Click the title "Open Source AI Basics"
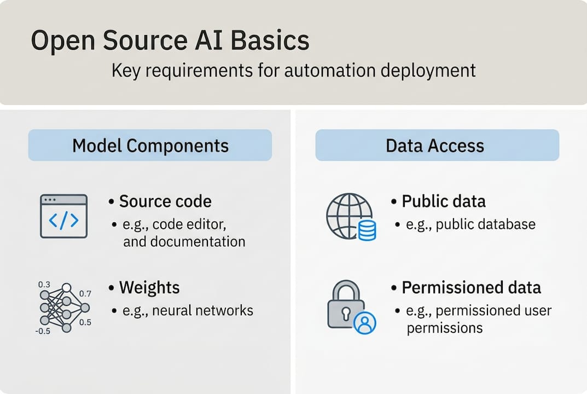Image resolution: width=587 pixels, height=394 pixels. (170, 42)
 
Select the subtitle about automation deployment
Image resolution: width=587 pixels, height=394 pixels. (294, 71)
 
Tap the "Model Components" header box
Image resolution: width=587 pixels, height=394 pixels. (150, 145)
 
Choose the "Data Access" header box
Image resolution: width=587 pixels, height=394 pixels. (437, 145)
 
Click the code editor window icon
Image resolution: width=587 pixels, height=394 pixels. (63, 216)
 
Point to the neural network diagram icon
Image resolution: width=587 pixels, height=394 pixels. (63, 308)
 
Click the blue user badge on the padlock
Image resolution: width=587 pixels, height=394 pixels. (364, 323)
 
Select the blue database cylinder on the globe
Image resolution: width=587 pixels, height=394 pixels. (366, 230)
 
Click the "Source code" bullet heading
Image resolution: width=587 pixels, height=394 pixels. (165, 201)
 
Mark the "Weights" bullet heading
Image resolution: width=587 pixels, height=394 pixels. (149, 287)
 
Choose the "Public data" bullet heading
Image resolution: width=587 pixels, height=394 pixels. (444, 201)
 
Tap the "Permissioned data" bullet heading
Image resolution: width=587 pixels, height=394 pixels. (471, 287)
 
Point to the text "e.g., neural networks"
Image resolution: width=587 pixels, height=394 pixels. (187, 311)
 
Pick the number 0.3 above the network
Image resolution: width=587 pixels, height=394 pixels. (44, 285)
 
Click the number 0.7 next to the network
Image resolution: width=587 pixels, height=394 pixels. (85, 294)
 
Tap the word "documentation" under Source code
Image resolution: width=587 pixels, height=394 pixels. (184, 242)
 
